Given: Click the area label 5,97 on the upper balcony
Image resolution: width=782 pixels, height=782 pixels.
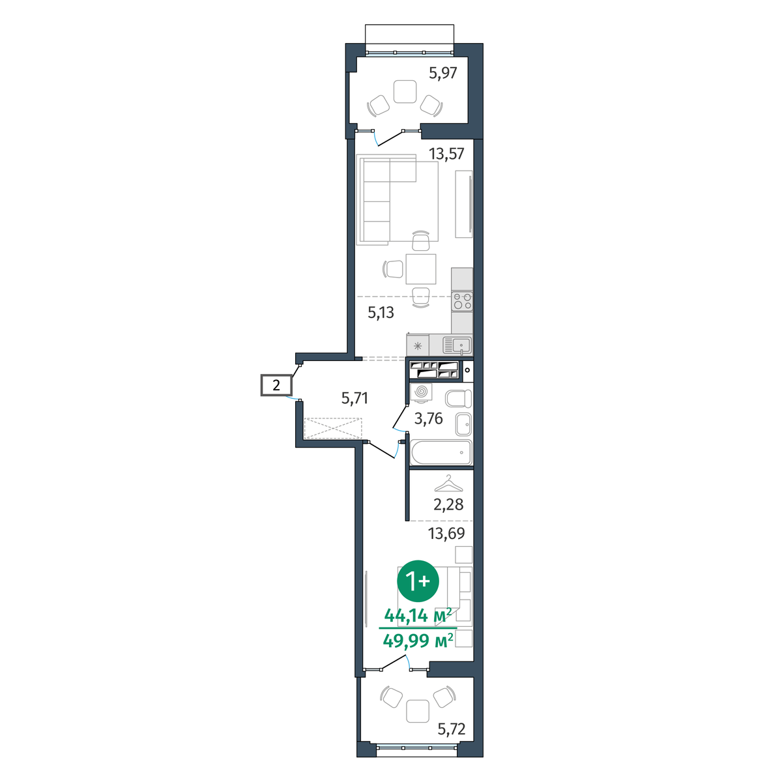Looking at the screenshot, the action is [x=443, y=73].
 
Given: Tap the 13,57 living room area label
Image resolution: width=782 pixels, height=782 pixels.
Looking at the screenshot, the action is [x=446, y=154].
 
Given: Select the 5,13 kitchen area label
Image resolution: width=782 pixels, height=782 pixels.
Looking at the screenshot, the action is [x=381, y=313].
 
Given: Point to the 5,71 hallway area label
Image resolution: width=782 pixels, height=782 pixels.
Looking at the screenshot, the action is [x=355, y=398].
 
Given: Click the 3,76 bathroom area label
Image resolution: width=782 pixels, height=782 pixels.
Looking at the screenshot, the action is [x=428, y=418].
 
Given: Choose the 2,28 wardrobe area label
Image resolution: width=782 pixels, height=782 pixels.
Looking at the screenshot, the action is [x=448, y=504].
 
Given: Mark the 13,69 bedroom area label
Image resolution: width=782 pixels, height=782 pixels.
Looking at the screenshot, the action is [x=446, y=533].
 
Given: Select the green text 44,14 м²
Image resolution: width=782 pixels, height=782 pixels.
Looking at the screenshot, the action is [x=418, y=616].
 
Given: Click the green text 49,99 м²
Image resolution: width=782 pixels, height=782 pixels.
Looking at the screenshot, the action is [x=418, y=641].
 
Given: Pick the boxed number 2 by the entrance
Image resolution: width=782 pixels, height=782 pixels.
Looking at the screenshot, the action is [x=276, y=385].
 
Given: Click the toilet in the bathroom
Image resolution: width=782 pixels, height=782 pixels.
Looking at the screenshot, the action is [x=459, y=398].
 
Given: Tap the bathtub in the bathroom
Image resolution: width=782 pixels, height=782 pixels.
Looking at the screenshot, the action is [x=441, y=452].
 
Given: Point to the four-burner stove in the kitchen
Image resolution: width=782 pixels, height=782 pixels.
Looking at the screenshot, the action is [x=462, y=300].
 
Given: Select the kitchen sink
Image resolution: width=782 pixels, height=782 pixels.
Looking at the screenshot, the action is [x=457, y=346].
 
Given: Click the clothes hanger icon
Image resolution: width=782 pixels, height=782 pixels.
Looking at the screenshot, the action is [x=448, y=484].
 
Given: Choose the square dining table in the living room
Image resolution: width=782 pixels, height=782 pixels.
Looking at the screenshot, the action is [x=421, y=269].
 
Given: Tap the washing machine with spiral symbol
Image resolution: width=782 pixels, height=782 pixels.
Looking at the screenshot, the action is [x=421, y=392].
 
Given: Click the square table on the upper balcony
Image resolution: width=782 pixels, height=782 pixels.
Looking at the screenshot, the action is [x=405, y=92].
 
